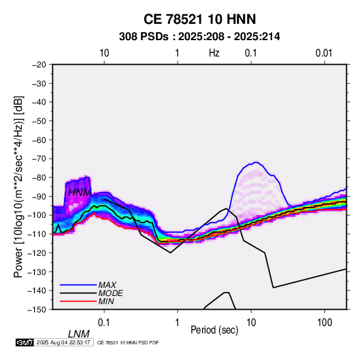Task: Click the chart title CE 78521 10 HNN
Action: pyautogui.click(x=199, y=19)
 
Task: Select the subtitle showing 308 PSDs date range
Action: pyautogui.click(x=199, y=37)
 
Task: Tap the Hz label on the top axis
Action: pyautogui.click(x=214, y=53)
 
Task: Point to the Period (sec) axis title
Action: pyautogui.click(x=214, y=330)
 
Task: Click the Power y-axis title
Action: pyautogui.click(x=18, y=187)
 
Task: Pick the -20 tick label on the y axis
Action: pyautogui.click(x=39, y=65)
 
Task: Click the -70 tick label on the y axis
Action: pyautogui.click(x=39, y=159)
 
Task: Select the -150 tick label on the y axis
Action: pyautogui.click(x=37, y=310)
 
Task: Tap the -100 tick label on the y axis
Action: pyautogui.click(x=37, y=215)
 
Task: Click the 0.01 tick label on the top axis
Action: pyautogui.click(x=324, y=53)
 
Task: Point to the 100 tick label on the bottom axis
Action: pyautogui.click(x=325, y=323)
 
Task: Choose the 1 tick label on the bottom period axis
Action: pyautogui.click(x=177, y=323)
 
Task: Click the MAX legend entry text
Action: pyautogui.click(x=107, y=284)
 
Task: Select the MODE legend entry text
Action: pyautogui.click(x=110, y=293)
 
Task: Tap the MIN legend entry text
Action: pyautogui.click(x=106, y=301)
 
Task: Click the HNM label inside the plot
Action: pyautogui.click(x=80, y=193)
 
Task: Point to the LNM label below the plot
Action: pyautogui.click(x=78, y=334)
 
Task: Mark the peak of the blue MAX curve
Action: pyautogui.click(x=256, y=162)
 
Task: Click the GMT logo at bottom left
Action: pyautogui.click(x=25, y=342)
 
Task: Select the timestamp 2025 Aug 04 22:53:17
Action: pyautogui.click(x=63, y=342)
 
